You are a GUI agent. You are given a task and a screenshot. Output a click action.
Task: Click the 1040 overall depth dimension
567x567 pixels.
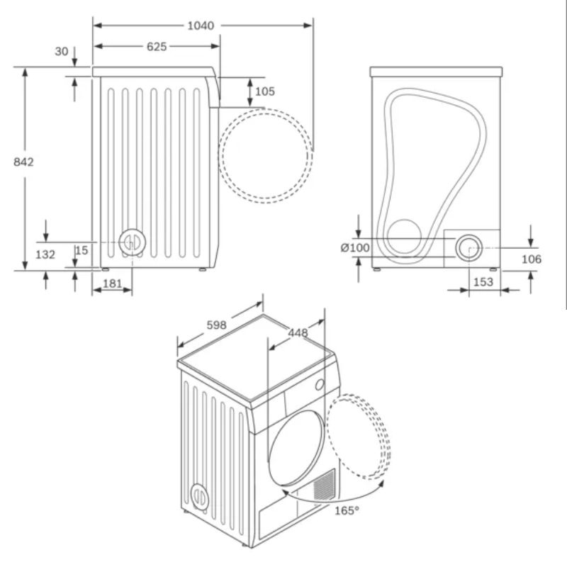click(x=201, y=26)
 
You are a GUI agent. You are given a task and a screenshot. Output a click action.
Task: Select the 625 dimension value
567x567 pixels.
click(x=157, y=47)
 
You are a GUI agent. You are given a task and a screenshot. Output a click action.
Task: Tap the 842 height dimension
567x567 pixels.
click(x=23, y=162)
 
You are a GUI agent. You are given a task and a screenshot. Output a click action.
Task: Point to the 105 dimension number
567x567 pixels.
click(x=264, y=91)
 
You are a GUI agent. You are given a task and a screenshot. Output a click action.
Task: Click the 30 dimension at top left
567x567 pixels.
click(x=62, y=51)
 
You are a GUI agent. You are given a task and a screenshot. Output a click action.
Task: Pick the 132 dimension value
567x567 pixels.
click(x=45, y=254)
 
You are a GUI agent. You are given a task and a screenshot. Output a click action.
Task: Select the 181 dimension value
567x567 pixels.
click(x=112, y=283)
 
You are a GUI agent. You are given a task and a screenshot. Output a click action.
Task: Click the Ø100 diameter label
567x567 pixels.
click(x=356, y=248)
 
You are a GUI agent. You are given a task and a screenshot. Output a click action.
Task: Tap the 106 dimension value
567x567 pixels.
click(x=531, y=259)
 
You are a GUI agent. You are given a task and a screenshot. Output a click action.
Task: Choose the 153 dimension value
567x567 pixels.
click(x=483, y=281)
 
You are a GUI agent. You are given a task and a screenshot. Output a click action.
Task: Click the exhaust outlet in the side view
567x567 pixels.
click(x=131, y=243)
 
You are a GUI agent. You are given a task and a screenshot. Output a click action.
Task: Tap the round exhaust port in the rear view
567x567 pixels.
click(x=468, y=248)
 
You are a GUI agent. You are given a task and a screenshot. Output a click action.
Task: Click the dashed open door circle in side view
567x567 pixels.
click(x=265, y=156)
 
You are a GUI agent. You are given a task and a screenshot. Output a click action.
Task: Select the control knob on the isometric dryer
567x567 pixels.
click(x=320, y=384)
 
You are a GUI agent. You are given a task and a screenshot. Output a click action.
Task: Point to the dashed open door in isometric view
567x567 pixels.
click(x=361, y=436)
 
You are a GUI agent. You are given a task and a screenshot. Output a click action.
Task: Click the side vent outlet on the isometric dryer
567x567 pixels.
click(x=200, y=496)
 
